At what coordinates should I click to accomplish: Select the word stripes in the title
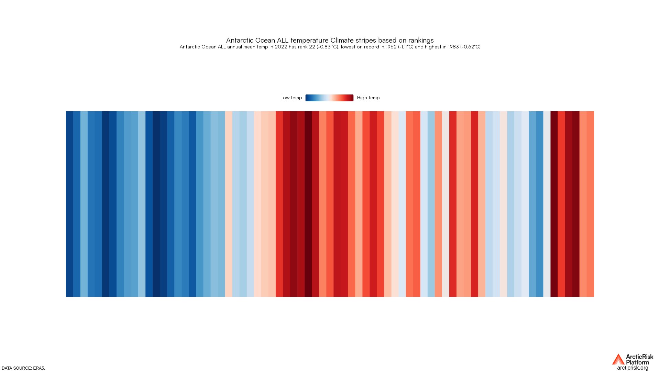pyautogui.click(x=365, y=41)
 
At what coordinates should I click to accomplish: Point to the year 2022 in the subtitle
pyautogui.click(x=280, y=47)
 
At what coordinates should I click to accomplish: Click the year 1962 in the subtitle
pyautogui.click(x=391, y=47)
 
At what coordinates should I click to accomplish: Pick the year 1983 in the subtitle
pyautogui.click(x=453, y=47)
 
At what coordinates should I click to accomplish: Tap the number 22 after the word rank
pyautogui.click(x=312, y=47)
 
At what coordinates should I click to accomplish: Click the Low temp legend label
pyautogui.click(x=291, y=98)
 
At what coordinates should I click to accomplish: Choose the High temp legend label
pyautogui.click(x=368, y=98)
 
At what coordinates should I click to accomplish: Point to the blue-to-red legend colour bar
pyautogui.click(x=329, y=98)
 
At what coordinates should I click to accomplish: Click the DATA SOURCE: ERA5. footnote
pyautogui.click(x=23, y=368)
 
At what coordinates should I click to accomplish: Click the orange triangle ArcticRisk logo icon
pyautogui.click(x=618, y=359)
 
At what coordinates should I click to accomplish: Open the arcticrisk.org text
pyautogui.click(x=632, y=368)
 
